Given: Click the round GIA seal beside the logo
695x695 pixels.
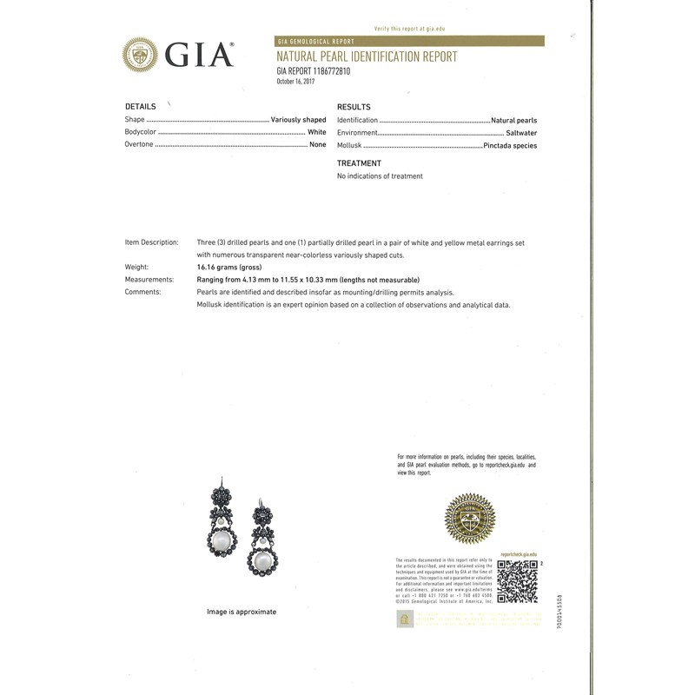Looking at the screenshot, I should click(140, 54).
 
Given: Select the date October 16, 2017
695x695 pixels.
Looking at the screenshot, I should click(295, 82).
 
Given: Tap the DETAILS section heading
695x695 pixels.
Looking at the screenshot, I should click(140, 107).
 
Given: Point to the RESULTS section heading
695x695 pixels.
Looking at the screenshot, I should click(354, 107).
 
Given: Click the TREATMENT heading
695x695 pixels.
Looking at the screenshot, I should click(359, 163).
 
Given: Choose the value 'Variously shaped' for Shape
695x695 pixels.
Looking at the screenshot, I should click(298, 120).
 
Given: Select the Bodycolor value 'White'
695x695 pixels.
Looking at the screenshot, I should click(316, 132).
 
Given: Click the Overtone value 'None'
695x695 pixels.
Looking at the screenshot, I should click(317, 145).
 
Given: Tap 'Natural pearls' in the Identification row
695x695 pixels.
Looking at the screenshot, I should click(513, 120).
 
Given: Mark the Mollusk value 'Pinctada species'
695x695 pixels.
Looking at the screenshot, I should click(510, 146).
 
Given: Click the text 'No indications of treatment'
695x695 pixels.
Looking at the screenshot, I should click(380, 176).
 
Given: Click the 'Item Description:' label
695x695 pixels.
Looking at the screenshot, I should click(151, 242).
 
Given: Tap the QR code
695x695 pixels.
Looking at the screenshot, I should click(516, 582).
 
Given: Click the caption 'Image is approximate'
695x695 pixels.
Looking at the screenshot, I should click(242, 612).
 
